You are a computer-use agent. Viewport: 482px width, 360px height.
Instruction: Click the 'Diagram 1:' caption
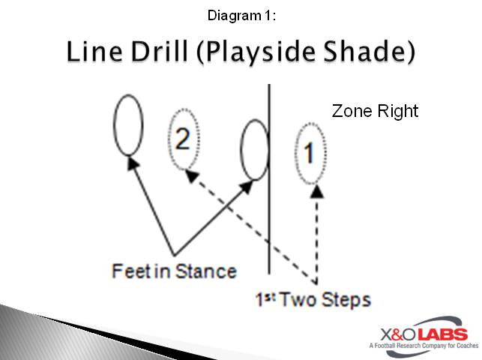click(x=241, y=14)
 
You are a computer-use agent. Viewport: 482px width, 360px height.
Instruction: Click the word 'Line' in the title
click(x=94, y=52)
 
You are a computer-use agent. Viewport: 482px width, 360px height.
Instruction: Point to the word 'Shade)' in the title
click(x=374, y=53)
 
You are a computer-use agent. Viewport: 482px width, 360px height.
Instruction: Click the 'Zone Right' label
click(x=375, y=111)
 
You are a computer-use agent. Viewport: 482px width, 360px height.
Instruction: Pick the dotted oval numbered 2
click(x=183, y=140)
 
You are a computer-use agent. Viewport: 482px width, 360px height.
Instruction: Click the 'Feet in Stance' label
click(x=174, y=270)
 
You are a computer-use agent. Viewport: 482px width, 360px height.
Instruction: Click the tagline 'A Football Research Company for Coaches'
click(x=418, y=346)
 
